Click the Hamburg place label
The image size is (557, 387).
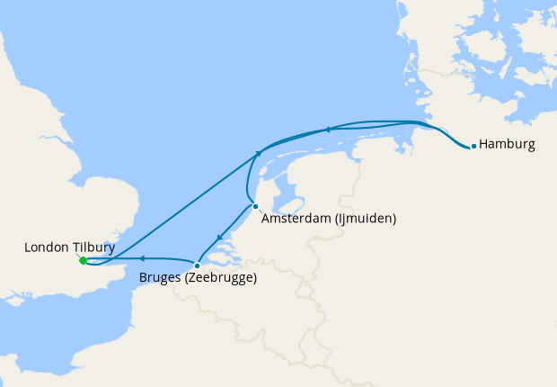point(508,144)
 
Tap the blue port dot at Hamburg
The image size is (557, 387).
point(473,146)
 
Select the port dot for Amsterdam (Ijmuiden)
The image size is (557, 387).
point(256,206)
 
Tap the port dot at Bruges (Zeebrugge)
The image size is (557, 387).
point(197,265)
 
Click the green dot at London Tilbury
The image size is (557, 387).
point(83,261)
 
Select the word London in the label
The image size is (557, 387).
point(46,246)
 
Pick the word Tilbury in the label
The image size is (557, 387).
point(93,246)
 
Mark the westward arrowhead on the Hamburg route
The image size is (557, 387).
point(328,130)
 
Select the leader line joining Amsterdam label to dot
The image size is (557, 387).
point(261,211)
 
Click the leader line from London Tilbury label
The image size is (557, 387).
point(77,256)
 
